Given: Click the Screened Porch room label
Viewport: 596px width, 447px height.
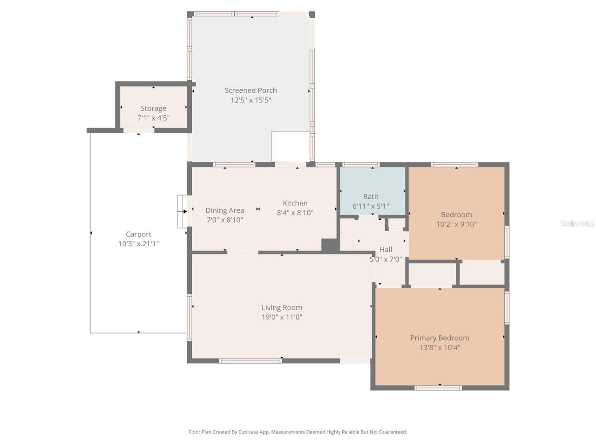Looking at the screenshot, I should [251, 90].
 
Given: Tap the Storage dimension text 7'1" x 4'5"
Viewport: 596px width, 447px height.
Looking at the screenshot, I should [153, 118].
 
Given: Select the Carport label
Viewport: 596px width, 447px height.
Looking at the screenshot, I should [138, 234].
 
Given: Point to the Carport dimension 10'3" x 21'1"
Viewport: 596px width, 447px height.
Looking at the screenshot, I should [138, 244].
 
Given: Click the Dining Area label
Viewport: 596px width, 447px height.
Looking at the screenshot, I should [224, 210].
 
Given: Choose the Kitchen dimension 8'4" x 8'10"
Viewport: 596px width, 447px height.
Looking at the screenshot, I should [295, 213].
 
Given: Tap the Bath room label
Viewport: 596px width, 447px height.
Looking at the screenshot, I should [371, 196].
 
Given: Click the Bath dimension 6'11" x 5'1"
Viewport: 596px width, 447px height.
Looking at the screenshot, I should [371, 206].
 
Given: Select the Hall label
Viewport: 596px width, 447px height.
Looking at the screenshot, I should [386, 250].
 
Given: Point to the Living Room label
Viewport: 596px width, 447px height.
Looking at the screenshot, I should [282, 307].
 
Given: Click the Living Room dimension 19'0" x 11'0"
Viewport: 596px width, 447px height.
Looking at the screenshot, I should [282, 317].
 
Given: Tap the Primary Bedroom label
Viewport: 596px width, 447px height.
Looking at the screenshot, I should [440, 338].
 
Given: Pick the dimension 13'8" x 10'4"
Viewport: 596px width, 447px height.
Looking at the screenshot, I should [440, 347].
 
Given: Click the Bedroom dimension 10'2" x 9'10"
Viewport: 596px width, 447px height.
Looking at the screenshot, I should [456, 224].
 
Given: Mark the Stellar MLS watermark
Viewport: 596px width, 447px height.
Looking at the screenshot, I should [577, 223].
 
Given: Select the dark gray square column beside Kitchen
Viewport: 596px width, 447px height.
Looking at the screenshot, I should [330, 245].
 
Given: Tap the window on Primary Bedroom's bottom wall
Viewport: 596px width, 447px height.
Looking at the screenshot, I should [438, 387].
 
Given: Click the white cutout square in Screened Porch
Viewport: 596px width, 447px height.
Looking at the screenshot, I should [291, 146].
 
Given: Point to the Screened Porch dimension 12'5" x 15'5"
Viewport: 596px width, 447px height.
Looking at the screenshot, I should [251, 100].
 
